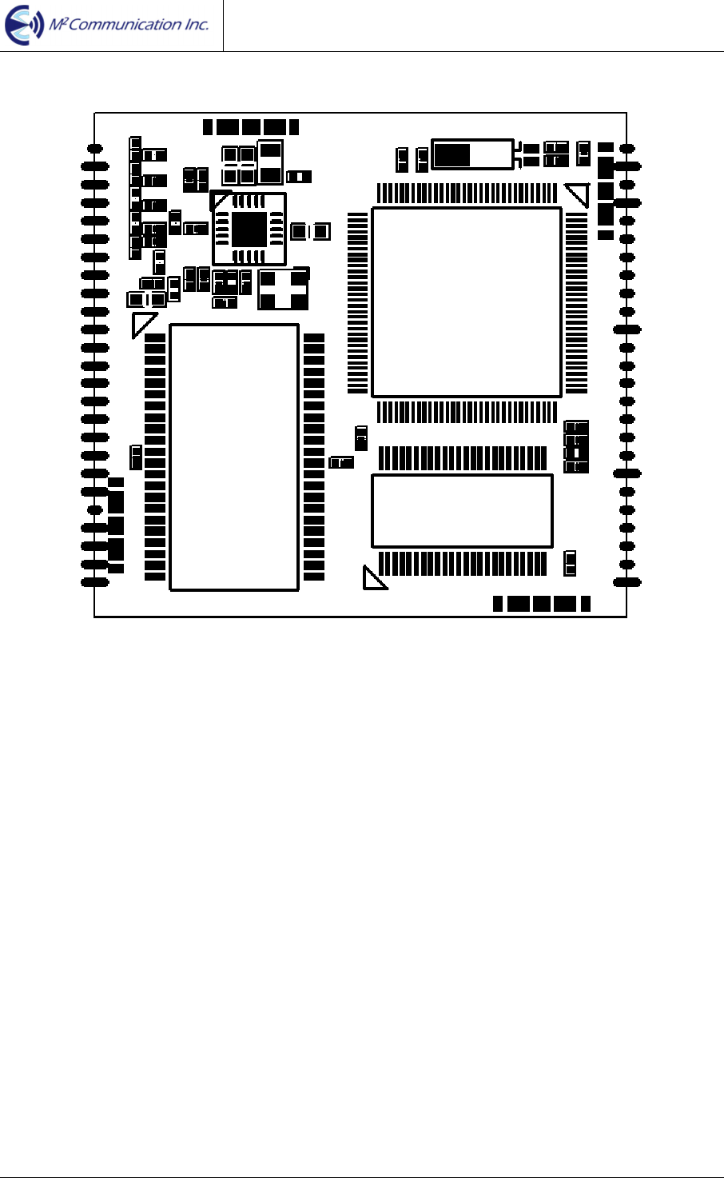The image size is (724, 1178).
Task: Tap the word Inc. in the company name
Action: pos(196,25)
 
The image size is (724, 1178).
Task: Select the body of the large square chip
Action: pos(467,302)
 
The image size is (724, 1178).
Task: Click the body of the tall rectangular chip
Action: pos(234,457)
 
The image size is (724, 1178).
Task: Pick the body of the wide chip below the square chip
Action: pos(462,511)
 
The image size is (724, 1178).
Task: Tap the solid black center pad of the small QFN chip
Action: pos(249,230)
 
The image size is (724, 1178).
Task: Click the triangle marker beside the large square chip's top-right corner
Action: pos(577,195)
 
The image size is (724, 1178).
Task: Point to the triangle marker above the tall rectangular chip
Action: pos(144,324)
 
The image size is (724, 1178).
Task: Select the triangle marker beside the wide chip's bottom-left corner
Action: pos(372,579)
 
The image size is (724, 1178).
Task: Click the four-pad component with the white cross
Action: pos(283,290)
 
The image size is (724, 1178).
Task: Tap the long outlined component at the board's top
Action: pos(472,154)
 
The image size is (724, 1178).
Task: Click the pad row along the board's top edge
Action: pos(251,126)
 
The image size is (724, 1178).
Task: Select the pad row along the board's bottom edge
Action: pos(541,604)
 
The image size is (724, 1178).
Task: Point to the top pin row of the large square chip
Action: pos(467,193)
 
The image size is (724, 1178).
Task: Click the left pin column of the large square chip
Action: pos(358,302)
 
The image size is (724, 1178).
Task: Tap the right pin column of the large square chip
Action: pos(577,302)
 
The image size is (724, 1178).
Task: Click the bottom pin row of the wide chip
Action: pos(462,564)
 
